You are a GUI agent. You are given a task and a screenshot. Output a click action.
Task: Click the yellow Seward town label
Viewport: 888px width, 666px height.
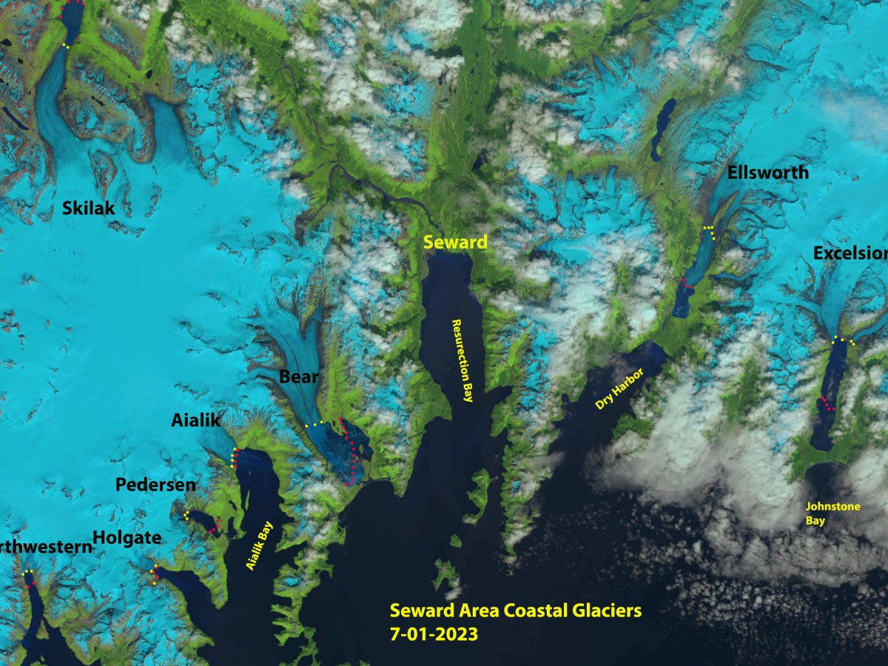click(455, 242)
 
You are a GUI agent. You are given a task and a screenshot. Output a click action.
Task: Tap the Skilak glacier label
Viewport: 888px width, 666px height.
click(88, 209)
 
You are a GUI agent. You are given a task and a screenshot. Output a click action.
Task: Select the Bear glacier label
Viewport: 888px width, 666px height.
click(298, 377)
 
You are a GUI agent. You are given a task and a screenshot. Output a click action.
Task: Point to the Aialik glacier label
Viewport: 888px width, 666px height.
click(196, 420)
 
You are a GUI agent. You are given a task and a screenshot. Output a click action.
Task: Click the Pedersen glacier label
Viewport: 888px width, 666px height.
click(156, 485)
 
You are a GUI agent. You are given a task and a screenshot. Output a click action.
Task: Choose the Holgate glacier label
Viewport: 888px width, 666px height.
click(127, 538)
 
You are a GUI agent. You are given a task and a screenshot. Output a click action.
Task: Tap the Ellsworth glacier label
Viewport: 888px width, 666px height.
click(767, 173)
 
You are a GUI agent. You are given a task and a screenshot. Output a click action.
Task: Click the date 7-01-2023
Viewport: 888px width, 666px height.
click(434, 634)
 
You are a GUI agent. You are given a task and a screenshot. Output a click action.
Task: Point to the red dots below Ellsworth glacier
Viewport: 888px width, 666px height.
click(687, 283)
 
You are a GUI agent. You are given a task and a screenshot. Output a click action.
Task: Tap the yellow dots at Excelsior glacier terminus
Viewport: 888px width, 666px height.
click(843, 340)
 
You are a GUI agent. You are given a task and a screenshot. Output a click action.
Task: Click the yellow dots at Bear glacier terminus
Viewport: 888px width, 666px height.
click(314, 425)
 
